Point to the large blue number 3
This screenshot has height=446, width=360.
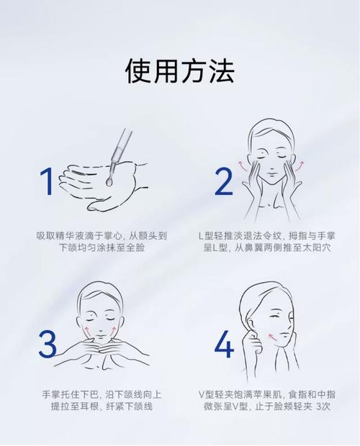point(48,344)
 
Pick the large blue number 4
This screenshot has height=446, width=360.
point(224,344)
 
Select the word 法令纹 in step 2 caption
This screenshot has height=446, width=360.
point(274,236)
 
